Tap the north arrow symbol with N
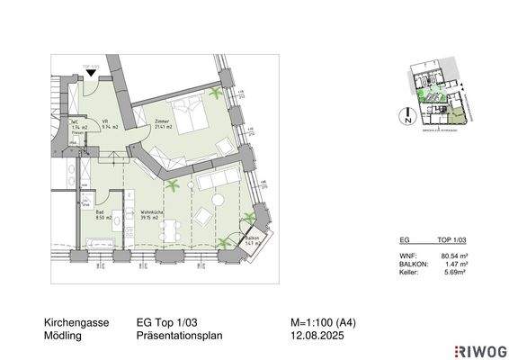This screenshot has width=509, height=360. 406,115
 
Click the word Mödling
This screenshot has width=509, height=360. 63,336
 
